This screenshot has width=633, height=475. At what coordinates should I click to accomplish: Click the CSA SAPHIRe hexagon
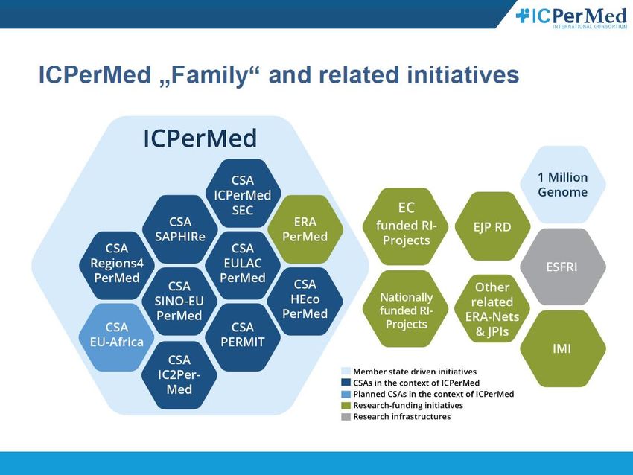180,229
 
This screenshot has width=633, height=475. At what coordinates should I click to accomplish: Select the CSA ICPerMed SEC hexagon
243,194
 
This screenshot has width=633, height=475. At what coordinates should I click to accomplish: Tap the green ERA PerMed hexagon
305,229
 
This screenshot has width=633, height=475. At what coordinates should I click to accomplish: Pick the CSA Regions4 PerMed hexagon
117,265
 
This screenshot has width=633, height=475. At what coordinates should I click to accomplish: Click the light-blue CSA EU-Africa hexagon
117,337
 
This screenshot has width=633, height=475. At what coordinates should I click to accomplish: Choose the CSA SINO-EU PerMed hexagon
179,301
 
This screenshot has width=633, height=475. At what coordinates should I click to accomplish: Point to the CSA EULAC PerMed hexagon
243,265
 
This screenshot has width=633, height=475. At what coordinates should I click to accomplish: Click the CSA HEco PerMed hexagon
305,301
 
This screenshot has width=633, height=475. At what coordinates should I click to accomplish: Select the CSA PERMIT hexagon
243,337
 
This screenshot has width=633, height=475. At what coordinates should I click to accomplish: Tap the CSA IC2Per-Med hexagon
179,375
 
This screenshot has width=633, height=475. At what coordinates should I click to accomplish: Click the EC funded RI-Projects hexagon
406,226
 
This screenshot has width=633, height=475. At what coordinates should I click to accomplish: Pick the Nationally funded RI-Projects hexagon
406,309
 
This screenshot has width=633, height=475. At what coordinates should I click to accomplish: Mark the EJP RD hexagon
492,226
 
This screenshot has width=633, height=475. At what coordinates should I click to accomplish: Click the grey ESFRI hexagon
562,267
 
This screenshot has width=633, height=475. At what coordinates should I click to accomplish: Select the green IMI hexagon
562,348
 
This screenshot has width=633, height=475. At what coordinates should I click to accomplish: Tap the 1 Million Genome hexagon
562,185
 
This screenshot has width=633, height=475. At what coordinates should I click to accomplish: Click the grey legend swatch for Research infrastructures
346,417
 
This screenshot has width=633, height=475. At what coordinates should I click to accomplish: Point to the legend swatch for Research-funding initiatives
346,406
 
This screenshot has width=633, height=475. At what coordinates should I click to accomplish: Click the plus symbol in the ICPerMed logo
522,16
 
